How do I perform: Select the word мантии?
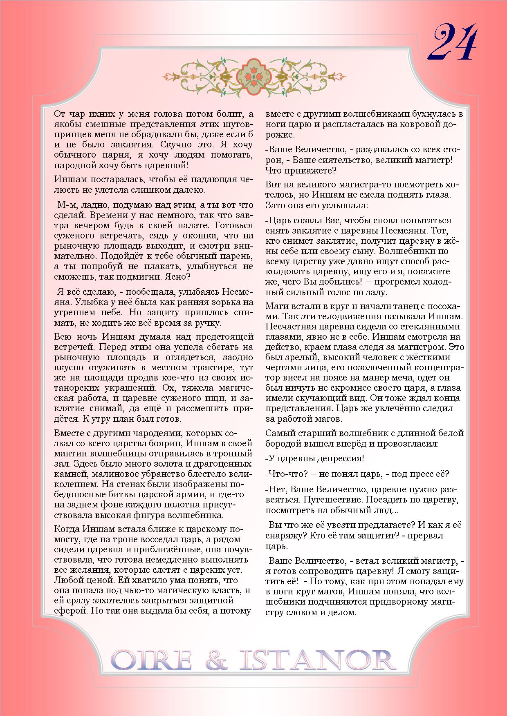(68, 454)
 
